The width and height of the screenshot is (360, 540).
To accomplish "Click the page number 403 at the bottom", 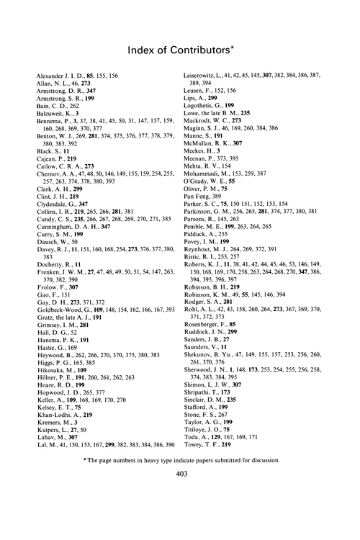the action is coord(180,514).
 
